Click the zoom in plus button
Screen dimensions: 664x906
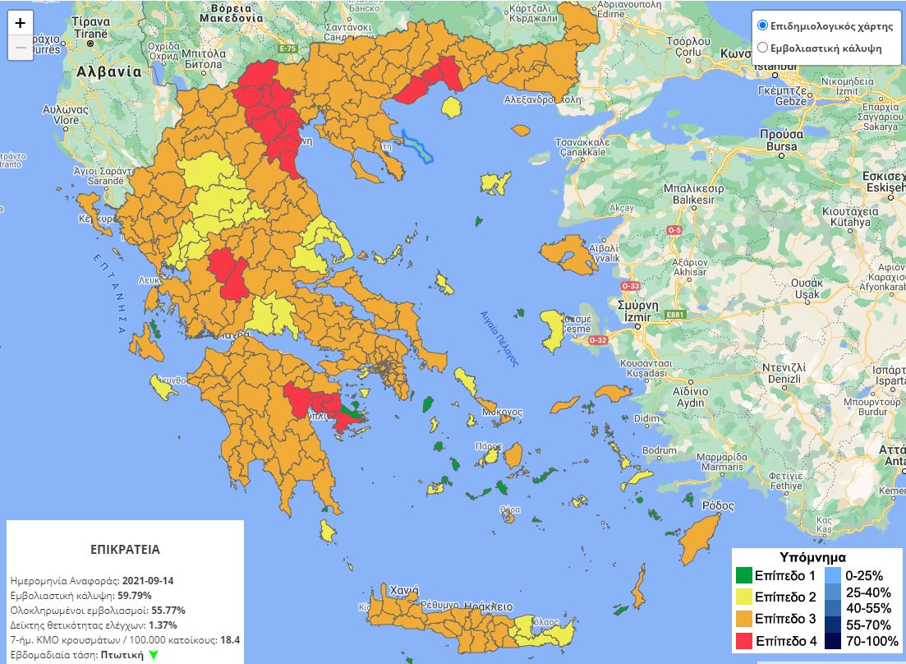[21, 23]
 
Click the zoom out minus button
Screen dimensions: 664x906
[21, 48]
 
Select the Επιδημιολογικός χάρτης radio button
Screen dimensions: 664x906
[762, 25]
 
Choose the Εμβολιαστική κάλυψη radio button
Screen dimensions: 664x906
[762, 48]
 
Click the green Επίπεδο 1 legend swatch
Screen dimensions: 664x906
[743, 576]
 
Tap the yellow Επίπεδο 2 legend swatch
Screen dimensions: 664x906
[743, 597]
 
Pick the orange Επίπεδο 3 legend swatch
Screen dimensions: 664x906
[743, 619]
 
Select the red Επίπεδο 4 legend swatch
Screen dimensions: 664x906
[743, 640]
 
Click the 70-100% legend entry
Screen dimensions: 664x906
[858, 641]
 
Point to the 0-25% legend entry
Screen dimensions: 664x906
[858, 575]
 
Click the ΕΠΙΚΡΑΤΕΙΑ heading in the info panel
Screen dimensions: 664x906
[125, 549]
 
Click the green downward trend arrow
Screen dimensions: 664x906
[153, 655]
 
